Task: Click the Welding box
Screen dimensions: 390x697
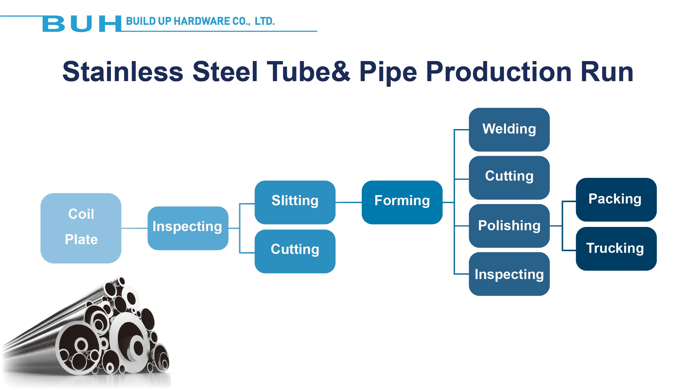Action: pyautogui.click(x=509, y=130)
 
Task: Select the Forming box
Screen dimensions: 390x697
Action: pyautogui.click(x=402, y=202)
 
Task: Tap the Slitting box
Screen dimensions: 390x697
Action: pyautogui.click(x=295, y=202)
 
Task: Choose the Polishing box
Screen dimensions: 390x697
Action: pyautogui.click(x=509, y=226)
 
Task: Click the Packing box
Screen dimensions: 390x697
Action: pyautogui.click(x=616, y=200)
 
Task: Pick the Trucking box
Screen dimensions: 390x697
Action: pyautogui.click(x=616, y=249)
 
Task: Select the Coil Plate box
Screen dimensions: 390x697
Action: pyautogui.click(x=81, y=228)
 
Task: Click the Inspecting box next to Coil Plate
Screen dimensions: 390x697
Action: pyautogui.click(x=188, y=228)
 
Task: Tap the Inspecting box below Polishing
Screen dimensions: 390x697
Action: pyautogui.click(x=509, y=274)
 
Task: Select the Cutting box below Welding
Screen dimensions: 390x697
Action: pyautogui.click(x=509, y=178)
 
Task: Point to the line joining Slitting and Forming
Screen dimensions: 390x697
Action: pyautogui.click(x=348, y=202)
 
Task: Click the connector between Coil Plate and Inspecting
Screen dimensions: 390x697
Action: pyautogui.click(x=134, y=228)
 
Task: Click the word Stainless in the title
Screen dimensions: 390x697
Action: pyautogui.click(x=123, y=72)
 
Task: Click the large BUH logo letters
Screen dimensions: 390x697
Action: pyautogui.click(x=82, y=24)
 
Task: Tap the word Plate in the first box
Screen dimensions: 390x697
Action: pyautogui.click(x=81, y=239)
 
